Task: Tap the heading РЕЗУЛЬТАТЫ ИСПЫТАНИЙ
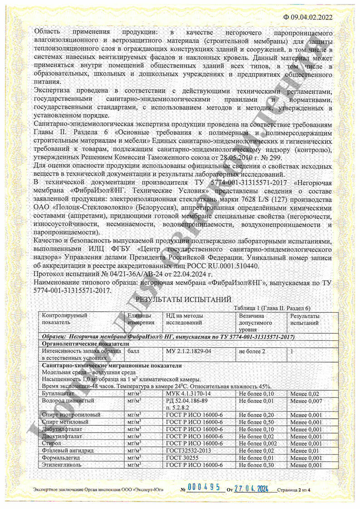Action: [x=184, y=299]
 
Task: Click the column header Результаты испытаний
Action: [x=304, y=319]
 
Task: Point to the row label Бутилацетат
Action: [x=56, y=394]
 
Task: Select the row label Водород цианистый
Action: [x=68, y=401]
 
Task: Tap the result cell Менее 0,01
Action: [x=304, y=451]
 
